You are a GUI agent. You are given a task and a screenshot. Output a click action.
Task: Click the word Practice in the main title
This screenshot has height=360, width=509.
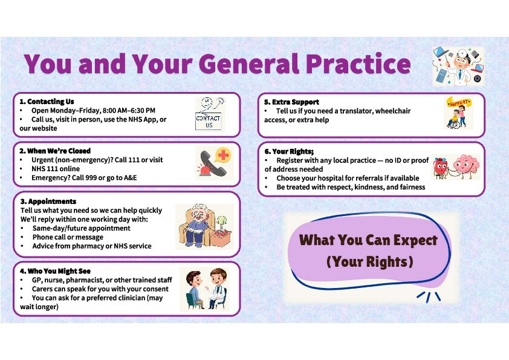(x=358, y=64)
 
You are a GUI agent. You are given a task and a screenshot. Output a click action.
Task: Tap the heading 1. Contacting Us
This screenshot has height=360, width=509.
(x=47, y=102)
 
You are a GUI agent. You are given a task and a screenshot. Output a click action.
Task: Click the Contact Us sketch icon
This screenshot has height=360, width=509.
(x=210, y=114)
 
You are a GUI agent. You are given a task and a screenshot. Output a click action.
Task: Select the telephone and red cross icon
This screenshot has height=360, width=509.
(x=215, y=163)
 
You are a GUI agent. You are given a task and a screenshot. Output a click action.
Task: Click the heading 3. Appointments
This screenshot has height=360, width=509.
(x=48, y=201)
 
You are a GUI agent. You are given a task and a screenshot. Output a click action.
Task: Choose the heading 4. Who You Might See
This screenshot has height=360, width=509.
(x=55, y=271)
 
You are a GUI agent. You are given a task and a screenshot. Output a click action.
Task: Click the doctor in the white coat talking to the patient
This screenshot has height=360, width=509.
(x=217, y=288)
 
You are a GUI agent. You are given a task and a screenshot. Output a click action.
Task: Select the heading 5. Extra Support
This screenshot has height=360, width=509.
(x=291, y=102)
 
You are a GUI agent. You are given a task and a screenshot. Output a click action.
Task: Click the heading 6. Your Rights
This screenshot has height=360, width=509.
(x=289, y=151)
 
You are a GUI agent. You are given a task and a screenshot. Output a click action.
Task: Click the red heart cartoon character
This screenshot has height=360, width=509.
(x=441, y=168)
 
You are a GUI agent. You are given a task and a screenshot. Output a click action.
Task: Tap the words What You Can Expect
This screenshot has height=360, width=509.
(x=368, y=240)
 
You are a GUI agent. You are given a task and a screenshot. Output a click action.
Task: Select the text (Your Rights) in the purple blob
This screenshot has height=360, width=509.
(x=370, y=261)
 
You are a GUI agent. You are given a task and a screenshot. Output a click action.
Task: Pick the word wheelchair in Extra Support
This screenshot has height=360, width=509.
(x=394, y=111)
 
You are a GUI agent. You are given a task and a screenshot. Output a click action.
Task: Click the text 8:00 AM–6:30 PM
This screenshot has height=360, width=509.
(x=129, y=111)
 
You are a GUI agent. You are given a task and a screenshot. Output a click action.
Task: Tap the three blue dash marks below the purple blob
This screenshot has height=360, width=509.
(x=429, y=296)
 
